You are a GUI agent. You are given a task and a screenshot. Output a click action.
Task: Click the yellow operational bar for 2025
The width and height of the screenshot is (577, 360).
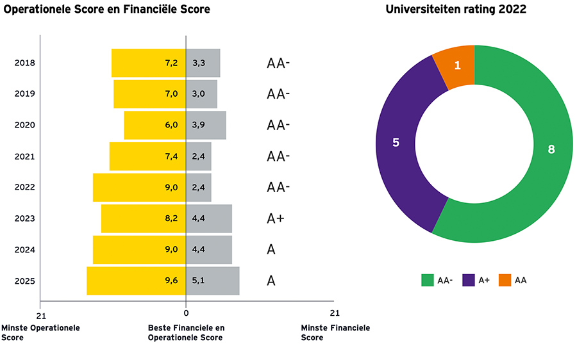(136, 281)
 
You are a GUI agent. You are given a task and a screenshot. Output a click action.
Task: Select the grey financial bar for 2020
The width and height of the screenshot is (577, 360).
(206, 126)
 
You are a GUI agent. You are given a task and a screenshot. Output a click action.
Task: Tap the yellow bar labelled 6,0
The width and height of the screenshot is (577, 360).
(155, 126)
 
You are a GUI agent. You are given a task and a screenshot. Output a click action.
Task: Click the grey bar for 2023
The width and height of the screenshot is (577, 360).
(209, 219)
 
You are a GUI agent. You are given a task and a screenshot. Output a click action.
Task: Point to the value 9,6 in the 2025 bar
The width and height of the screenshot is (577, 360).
(171, 281)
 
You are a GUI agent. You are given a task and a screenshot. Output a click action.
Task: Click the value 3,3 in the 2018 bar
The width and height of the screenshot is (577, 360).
(199, 63)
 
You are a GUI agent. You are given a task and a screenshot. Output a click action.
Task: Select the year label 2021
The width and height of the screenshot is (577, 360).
(24, 157)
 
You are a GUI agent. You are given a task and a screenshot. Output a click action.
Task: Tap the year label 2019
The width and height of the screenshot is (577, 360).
(24, 94)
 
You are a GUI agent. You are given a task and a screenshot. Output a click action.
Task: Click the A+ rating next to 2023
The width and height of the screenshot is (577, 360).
(276, 219)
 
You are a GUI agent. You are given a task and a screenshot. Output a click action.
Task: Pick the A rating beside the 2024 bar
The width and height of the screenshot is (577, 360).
(271, 250)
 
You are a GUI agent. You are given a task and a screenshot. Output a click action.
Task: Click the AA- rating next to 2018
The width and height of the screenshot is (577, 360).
(278, 63)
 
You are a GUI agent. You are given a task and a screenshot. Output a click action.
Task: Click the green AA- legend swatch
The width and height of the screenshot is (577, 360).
(428, 280)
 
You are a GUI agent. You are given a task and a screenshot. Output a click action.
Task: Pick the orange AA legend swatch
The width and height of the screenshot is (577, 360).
(505, 280)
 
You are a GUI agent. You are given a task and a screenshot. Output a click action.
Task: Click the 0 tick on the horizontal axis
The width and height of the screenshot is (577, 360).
(186, 313)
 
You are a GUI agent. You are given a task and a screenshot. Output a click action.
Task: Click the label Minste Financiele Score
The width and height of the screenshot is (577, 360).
(335, 332)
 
